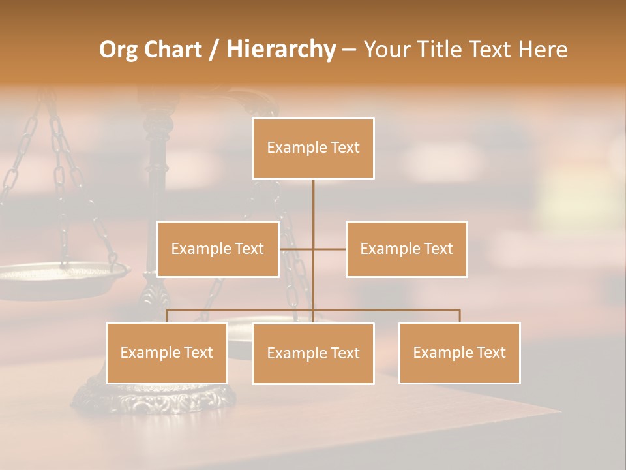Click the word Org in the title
click(x=122, y=50)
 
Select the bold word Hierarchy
click(x=281, y=50)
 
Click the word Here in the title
click(x=543, y=50)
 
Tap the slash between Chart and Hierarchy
click(x=214, y=50)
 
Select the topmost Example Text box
click(x=313, y=148)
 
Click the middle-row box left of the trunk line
click(x=218, y=249)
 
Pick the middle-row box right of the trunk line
click(x=406, y=249)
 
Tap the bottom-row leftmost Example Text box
click(x=167, y=352)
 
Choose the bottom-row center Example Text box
click(x=313, y=353)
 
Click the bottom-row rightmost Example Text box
click(x=459, y=352)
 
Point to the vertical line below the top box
click(x=313, y=209)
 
